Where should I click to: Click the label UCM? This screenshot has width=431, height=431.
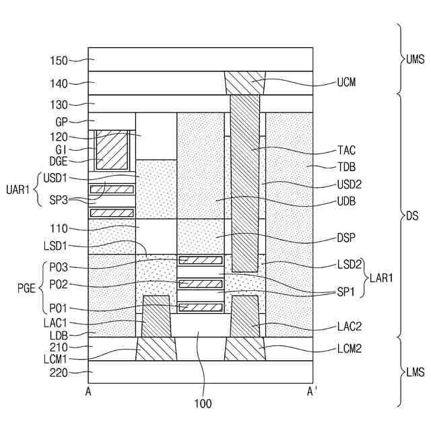tap(345, 84)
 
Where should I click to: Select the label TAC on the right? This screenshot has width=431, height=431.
tap(347, 151)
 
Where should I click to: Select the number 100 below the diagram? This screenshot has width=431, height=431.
tap(202, 404)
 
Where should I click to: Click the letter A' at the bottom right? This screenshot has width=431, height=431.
tap(312, 391)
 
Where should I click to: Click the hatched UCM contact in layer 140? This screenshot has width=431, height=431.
tap(244, 83)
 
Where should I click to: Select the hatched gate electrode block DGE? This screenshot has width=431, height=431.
tap(111, 150)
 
